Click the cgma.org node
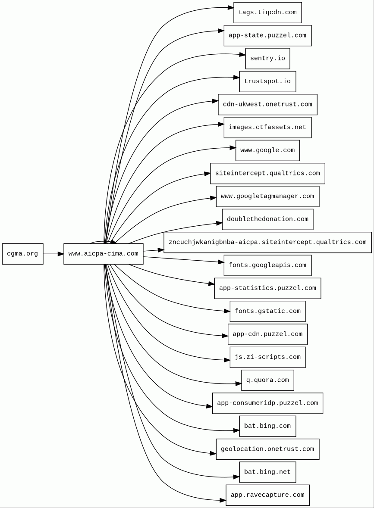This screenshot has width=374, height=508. (x=22, y=254)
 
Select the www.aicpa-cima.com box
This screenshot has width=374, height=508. (x=103, y=254)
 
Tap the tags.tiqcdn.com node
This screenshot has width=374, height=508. (x=267, y=12)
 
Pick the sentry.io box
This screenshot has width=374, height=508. (x=267, y=59)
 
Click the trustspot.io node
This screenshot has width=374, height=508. (x=267, y=81)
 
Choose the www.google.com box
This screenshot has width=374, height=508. (x=267, y=150)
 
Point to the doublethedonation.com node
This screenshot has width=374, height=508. (x=267, y=219)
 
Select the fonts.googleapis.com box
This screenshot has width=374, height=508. (x=267, y=265)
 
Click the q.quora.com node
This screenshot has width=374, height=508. (x=267, y=380)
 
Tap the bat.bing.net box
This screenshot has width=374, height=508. (x=267, y=472)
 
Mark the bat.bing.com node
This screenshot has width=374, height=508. (x=267, y=426)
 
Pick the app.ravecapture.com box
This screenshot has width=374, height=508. (x=267, y=495)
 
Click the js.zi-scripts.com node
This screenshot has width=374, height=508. (x=267, y=357)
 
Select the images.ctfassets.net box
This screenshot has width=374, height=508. (x=267, y=128)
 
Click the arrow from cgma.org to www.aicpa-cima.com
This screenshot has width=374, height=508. (x=53, y=254)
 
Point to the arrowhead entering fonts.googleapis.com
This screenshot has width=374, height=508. (x=220, y=262)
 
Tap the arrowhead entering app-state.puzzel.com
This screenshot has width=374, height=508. (x=220, y=31)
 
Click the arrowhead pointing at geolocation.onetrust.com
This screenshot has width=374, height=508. (x=213, y=453)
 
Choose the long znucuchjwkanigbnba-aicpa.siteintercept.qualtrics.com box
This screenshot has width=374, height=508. (x=267, y=242)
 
